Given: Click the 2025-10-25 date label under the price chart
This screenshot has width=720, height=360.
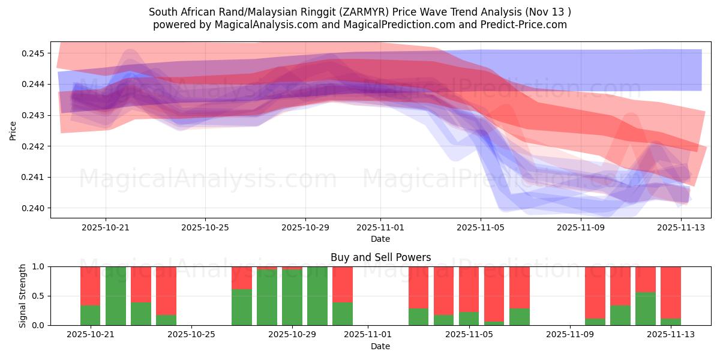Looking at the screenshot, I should (x=205, y=227).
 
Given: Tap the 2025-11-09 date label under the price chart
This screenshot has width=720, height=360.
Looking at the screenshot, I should (x=581, y=227).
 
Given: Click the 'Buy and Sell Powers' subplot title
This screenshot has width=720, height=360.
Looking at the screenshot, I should (x=380, y=257).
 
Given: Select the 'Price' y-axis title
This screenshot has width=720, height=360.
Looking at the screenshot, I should (x=13, y=130).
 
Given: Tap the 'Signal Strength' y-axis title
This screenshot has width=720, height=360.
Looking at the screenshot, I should (x=22, y=295).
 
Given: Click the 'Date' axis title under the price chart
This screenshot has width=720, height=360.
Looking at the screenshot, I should (x=380, y=239).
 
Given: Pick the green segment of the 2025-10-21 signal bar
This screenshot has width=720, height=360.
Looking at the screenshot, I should (x=90, y=315).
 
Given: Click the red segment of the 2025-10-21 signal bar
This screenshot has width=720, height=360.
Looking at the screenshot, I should (x=90, y=286).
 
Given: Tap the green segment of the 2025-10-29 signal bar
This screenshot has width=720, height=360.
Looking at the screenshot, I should (x=292, y=298).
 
